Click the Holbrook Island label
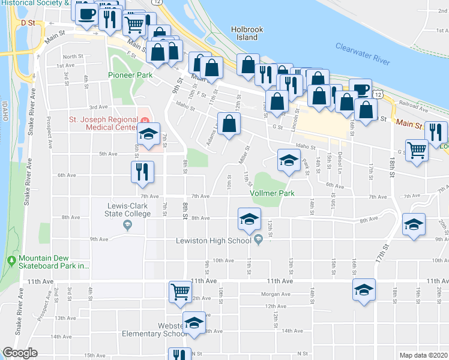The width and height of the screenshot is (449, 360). point(244,33)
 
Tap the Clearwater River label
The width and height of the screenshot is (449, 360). point(363,55)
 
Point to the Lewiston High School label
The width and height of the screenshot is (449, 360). point(213,241)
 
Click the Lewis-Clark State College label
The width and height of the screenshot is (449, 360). point(126,210)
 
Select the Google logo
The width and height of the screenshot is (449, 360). point(20,353)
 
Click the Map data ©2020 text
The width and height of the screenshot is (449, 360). point(423,355)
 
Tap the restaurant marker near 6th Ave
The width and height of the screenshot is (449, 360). point(143,170)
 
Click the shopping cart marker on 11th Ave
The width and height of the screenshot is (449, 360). point(180,291)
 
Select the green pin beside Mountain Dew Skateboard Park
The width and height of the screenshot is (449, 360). point(11,260)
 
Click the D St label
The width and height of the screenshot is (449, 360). point(28,22)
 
